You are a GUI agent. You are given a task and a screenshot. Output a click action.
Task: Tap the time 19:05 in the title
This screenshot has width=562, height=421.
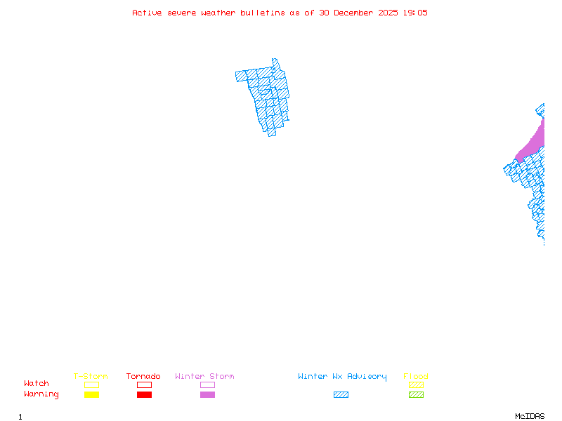pos(414,13)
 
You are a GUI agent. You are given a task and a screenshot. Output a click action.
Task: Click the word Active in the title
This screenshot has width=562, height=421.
pos(147,13)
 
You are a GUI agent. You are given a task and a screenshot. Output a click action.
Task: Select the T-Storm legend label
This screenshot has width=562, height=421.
pos(91,377)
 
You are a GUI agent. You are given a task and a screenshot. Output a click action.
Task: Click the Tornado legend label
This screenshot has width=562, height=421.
pos(143,377)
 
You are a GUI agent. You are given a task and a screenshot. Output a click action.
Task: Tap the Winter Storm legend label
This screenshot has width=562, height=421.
pos(204,377)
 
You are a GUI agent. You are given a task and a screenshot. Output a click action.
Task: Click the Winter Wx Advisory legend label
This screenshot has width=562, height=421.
pos(342,377)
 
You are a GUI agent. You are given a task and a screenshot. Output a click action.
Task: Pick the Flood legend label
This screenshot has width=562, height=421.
pos(416,377)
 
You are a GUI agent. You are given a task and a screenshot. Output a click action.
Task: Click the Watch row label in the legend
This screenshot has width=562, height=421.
pos(37,384)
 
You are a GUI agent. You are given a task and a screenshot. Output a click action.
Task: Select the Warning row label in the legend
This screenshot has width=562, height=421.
pos(41,394)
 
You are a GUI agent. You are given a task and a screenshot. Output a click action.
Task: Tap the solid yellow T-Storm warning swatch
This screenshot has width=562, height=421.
pos(91,395)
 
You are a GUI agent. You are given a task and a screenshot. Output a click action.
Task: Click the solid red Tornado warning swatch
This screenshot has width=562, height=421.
pos(144,395)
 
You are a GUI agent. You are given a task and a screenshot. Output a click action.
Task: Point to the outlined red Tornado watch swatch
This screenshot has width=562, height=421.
pos(144,385)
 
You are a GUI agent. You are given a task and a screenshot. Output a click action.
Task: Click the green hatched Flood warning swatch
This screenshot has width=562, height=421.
pos(416,395)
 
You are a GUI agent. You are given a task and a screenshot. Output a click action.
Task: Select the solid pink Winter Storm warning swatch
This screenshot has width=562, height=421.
pos(207,395)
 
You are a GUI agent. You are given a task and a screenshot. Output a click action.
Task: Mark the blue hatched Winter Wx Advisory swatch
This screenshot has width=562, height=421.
pos(341,395)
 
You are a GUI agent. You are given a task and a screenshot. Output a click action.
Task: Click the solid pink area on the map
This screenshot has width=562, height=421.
pos(534,144)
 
